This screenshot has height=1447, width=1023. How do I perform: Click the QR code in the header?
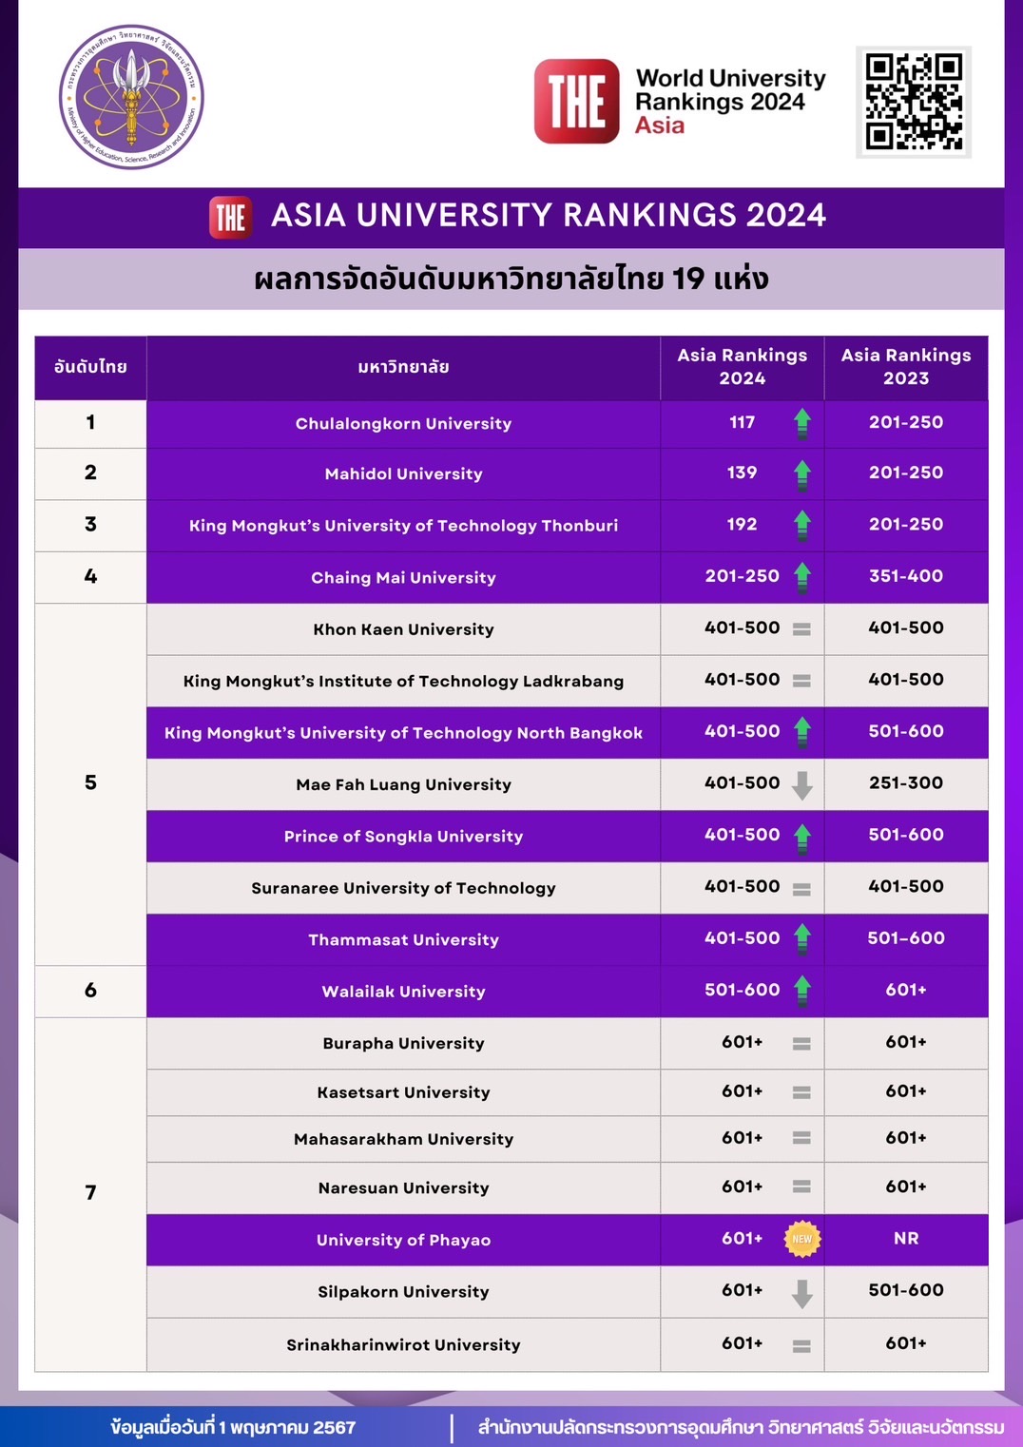coord(913,102)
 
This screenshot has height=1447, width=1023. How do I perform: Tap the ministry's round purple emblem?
coord(131,97)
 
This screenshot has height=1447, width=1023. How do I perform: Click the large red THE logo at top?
coord(576,102)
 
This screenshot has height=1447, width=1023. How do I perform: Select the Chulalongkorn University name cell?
coord(403,424)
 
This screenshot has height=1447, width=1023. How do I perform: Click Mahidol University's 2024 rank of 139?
coord(742,473)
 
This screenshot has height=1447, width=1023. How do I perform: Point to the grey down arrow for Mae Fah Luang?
coord(802,785)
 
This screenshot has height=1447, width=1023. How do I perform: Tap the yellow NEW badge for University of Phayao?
coord(802,1239)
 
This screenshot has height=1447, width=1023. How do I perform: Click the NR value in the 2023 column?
coord(905,1239)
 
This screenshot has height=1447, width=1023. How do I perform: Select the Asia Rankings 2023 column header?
coord(905,367)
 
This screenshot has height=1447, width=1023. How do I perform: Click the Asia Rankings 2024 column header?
coord(742,367)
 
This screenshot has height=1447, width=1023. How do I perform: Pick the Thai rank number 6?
coord(90,991)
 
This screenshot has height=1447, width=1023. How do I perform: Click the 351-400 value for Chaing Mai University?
coord(905,576)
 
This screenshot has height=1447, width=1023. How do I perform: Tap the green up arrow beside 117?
coord(802,422)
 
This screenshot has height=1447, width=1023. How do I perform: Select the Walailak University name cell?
coord(403,992)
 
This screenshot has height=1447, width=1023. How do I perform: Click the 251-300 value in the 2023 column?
coord(905,783)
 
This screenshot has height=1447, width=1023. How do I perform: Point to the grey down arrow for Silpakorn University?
coord(802,1293)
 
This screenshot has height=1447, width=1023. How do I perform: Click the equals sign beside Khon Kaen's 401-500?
coord(801,629)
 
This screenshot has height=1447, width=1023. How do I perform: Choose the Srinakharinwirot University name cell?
coord(403,1345)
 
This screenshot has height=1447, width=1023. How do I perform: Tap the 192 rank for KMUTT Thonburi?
coord(742,524)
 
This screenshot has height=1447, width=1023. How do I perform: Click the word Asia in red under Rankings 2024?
coord(660,125)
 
